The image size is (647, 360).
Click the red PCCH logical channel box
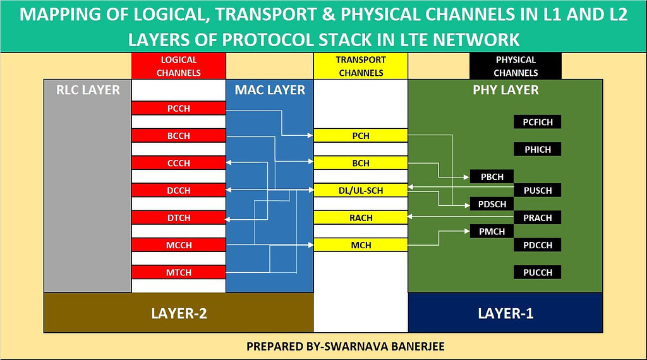click(179, 109)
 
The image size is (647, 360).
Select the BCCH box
click(179, 136)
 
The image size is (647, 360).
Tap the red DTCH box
click(179, 218)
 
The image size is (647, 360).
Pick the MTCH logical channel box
click(179, 272)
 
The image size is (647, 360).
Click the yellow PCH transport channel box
click(361, 136)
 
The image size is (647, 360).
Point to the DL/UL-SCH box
click(361, 191)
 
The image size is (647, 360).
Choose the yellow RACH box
click(361, 218)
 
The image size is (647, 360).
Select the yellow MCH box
click(361, 245)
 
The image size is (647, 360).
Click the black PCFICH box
click(538, 122)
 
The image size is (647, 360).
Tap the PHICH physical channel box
click(538, 150)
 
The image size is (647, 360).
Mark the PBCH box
click(492, 177)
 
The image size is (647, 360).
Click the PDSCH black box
click(492, 204)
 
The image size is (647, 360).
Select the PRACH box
click(538, 218)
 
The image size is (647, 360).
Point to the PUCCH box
click(538, 272)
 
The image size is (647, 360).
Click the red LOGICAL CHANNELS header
click(179, 66)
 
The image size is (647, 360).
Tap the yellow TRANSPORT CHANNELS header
click(361, 66)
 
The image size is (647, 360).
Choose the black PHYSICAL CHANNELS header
click(516, 66)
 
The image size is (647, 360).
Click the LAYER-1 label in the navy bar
click(505, 313)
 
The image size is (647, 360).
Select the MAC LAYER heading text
click(270, 90)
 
